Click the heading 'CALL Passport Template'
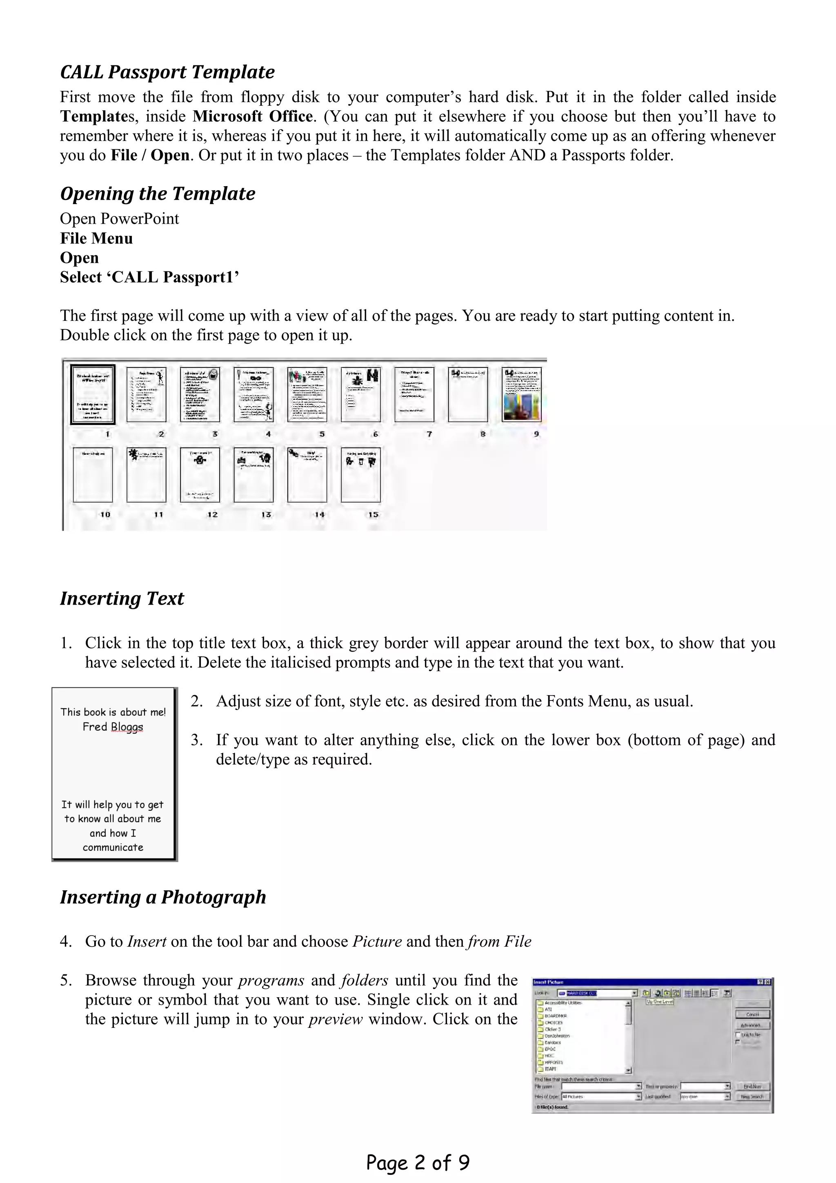(x=167, y=72)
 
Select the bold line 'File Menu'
(x=96, y=238)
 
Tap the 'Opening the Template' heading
(x=158, y=194)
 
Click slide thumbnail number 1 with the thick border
(x=93, y=394)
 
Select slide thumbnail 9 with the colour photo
(x=521, y=394)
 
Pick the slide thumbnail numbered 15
(x=360, y=474)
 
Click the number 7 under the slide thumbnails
(x=429, y=434)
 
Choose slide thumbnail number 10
(x=93, y=474)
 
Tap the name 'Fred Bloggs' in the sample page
(x=113, y=727)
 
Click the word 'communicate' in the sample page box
(x=113, y=847)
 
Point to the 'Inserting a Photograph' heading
(x=163, y=897)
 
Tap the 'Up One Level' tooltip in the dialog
(x=660, y=1002)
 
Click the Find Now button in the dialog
(x=753, y=1086)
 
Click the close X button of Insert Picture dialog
(x=767, y=982)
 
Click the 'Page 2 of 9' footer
(x=418, y=1163)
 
